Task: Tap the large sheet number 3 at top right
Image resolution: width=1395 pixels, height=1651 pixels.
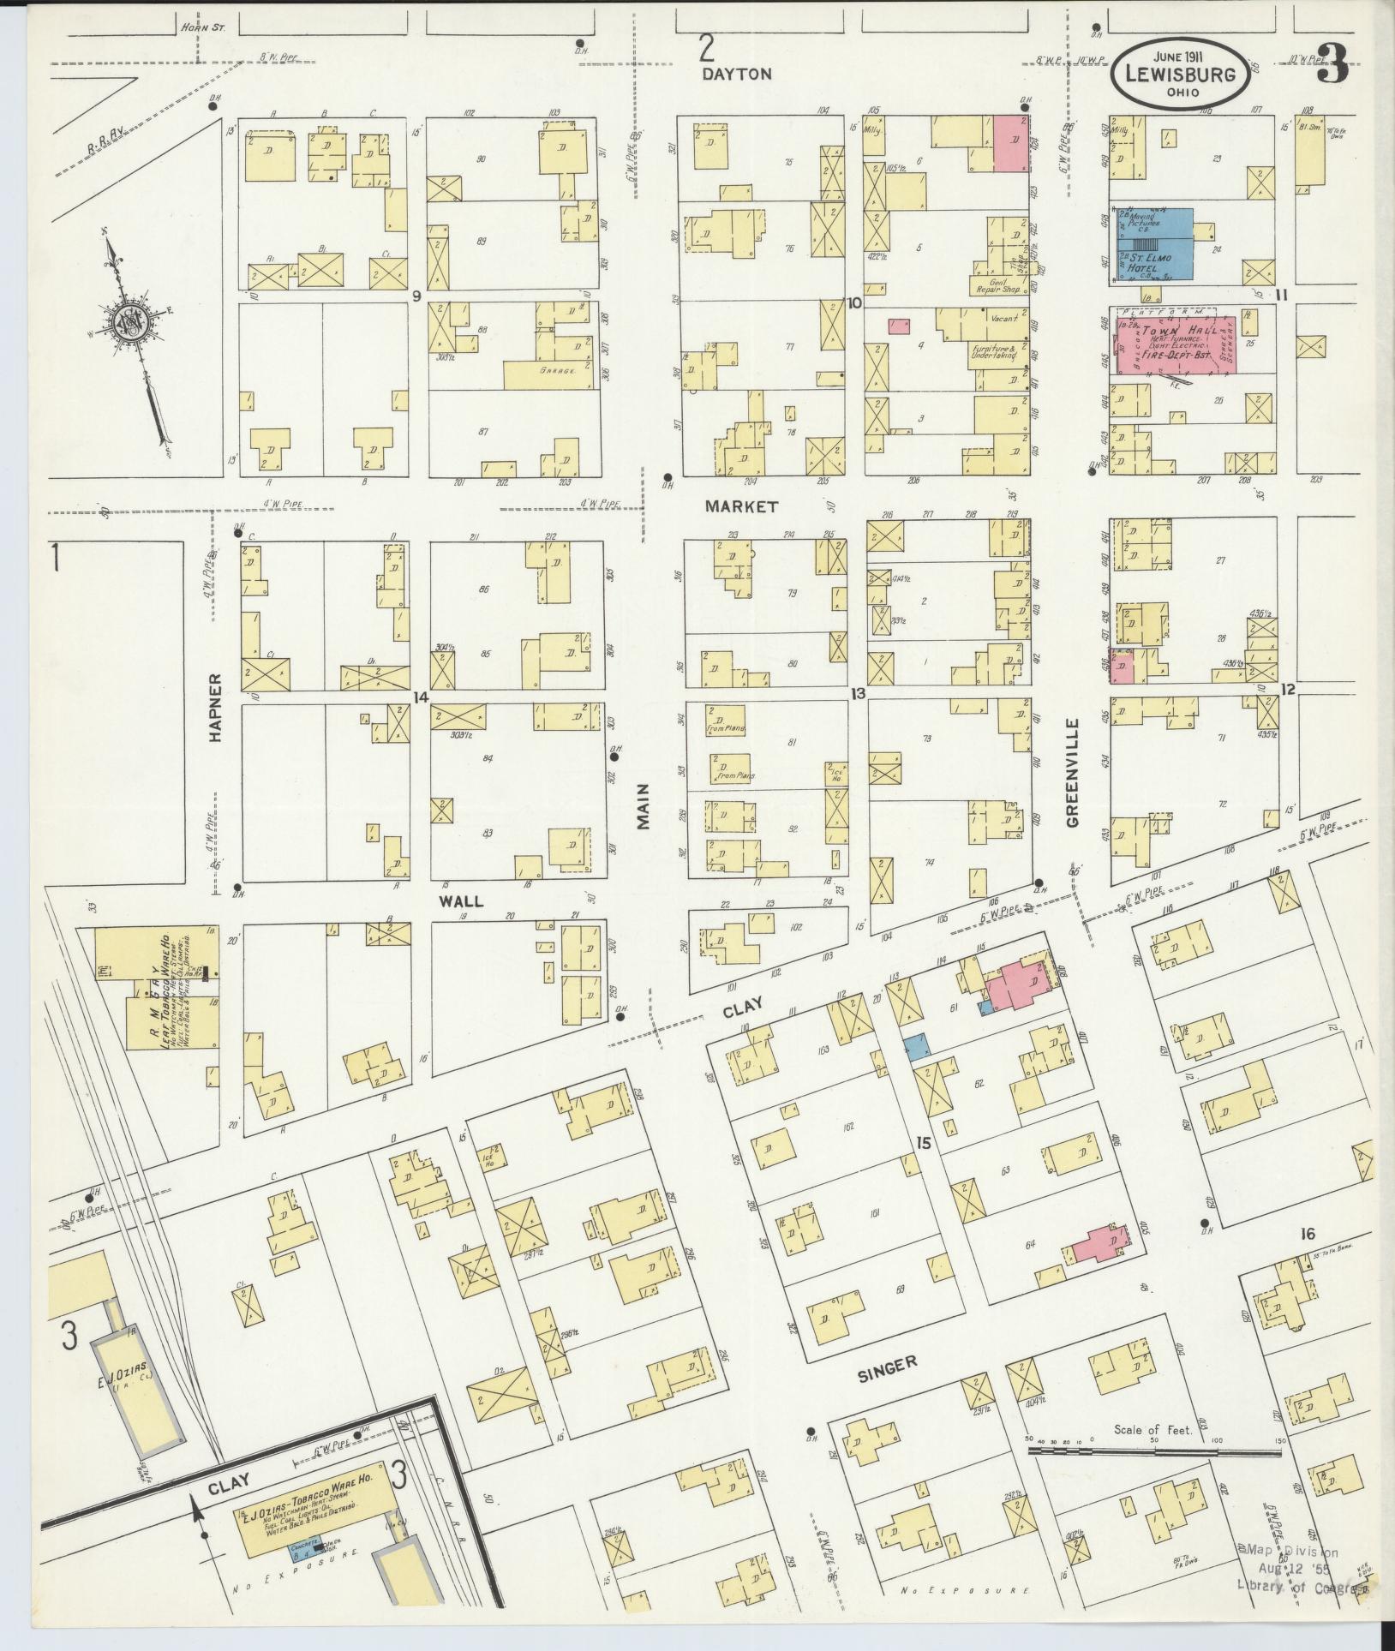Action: pyautogui.click(x=1332, y=64)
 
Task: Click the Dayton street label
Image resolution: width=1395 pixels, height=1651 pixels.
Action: pyautogui.click(x=736, y=74)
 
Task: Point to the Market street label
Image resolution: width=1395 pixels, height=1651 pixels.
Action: pyautogui.click(x=741, y=506)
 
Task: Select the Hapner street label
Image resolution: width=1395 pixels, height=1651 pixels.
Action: pyautogui.click(x=215, y=707)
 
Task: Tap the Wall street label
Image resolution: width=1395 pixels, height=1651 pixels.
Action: pyautogui.click(x=462, y=901)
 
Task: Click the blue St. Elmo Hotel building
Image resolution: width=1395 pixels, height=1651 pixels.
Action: pyautogui.click(x=1153, y=244)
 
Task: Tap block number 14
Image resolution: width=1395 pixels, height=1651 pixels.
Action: pyautogui.click(x=420, y=697)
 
